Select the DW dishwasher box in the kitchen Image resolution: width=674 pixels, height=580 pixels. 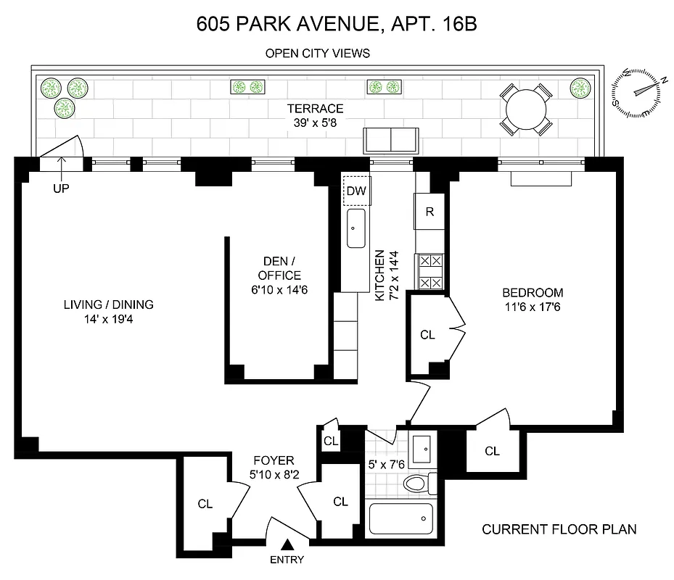356,191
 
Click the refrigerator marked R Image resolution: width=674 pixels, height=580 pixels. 430,212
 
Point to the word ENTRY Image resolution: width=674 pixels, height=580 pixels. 287,560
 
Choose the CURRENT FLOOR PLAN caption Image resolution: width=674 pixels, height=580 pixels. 559,529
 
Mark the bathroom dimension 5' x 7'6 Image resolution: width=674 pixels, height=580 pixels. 385,464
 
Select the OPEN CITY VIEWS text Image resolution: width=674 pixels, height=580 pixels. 318,53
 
